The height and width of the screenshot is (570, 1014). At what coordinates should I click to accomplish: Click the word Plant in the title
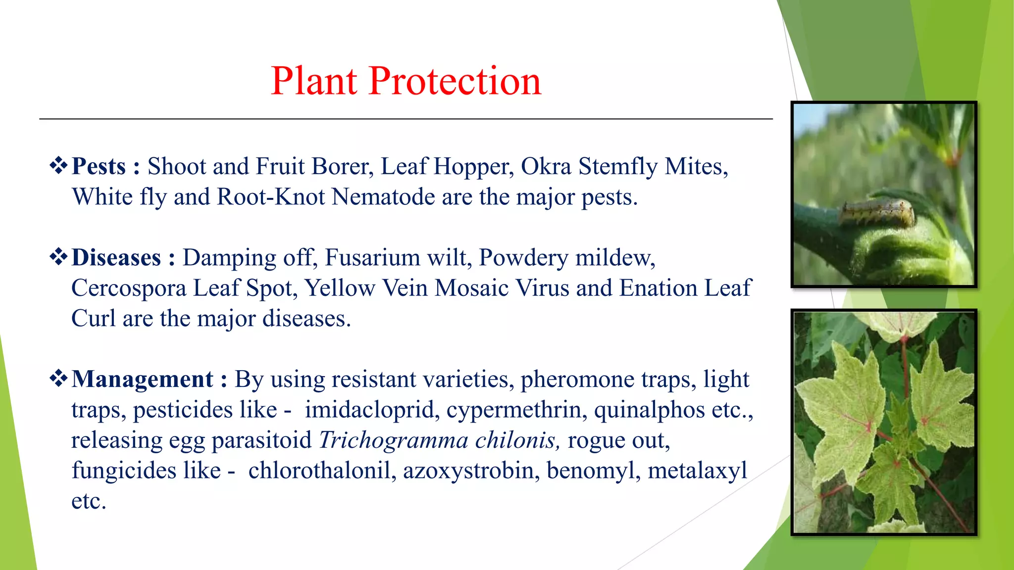click(x=314, y=81)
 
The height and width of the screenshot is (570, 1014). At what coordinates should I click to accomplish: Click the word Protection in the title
click(x=455, y=81)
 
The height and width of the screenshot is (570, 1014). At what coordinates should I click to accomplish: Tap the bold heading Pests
click(x=99, y=166)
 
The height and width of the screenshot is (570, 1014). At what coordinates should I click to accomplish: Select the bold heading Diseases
click(x=116, y=258)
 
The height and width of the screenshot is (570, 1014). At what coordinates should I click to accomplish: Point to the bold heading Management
click(x=143, y=380)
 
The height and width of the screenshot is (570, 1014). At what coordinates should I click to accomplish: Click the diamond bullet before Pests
click(x=58, y=165)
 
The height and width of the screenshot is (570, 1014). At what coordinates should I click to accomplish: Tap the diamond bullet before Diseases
click(x=58, y=257)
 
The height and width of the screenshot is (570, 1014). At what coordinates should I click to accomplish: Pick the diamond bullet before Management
click(x=58, y=379)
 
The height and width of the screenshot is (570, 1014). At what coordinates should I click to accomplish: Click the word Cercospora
click(x=129, y=288)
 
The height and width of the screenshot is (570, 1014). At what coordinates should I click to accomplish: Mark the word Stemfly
click(x=618, y=166)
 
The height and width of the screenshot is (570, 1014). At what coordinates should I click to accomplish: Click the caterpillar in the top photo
click(x=876, y=213)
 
